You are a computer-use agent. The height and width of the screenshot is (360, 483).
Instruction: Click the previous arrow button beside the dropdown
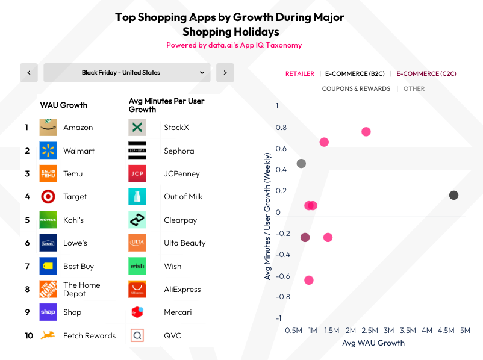(29, 73)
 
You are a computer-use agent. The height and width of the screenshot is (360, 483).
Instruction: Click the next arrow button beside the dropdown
(225, 73)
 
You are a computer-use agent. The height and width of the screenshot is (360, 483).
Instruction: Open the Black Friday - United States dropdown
(127, 73)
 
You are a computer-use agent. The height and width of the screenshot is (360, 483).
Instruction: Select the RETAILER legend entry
(300, 73)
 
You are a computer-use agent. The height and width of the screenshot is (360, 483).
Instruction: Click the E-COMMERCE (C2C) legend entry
(426, 73)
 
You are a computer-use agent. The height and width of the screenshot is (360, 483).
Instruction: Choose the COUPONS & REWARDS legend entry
(356, 88)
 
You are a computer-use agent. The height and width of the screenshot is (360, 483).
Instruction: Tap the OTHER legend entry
(414, 88)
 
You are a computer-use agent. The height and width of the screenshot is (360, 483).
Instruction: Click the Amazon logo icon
(48, 127)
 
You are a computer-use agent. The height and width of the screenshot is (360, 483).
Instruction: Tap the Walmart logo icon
(48, 151)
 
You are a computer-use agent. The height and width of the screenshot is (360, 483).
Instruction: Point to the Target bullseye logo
(48, 196)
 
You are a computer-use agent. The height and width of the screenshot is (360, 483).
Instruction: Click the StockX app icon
(137, 127)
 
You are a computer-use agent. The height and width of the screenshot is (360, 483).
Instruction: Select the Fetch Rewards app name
(89, 335)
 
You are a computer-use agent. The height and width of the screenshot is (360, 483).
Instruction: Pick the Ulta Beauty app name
(184, 243)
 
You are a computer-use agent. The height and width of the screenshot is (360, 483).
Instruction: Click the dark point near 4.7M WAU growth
(453, 195)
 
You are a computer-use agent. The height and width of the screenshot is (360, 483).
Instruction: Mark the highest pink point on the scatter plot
(366, 132)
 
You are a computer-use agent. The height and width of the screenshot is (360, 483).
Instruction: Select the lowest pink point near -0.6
(309, 280)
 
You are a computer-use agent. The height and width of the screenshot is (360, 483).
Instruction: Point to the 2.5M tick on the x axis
(370, 330)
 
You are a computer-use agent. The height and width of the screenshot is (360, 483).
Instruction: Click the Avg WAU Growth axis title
(373, 343)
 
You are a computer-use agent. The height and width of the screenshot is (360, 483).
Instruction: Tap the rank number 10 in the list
(29, 335)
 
